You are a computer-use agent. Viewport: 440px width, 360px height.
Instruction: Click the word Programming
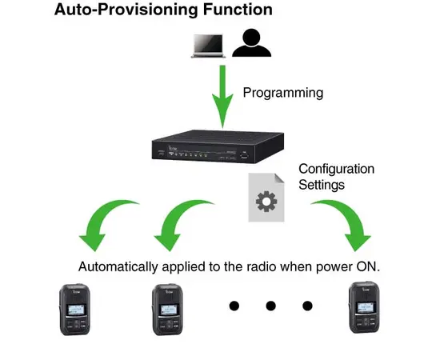[282, 93]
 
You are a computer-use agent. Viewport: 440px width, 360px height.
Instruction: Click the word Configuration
[336, 169]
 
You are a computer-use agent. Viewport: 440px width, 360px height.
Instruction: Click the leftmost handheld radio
[78, 310]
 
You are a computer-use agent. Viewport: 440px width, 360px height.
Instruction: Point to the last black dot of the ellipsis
[307, 306]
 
